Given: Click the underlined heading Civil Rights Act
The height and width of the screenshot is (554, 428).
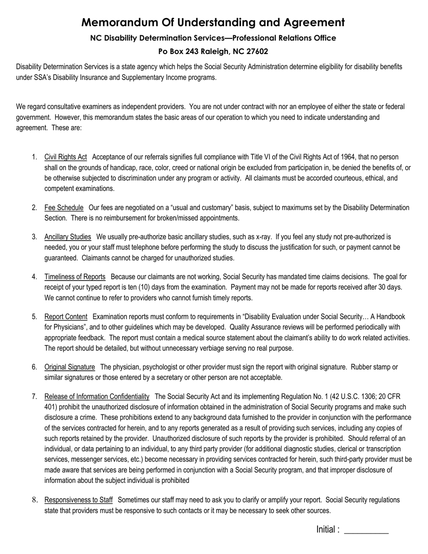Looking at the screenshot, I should [x=65, y=157].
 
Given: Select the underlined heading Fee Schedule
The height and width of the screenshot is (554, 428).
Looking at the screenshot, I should [x=64, y=208].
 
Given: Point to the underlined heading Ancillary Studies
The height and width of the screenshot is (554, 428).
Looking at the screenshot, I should [x=68, y=237].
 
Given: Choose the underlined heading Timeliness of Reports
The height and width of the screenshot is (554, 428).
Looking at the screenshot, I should [x=75, y=277].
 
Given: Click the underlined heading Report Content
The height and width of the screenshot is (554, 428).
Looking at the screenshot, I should [x=66, y=317].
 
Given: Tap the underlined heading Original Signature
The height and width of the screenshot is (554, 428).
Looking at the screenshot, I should [x=69, y=367].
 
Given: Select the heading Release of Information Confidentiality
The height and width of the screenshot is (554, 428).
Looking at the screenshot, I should [x=97, y=396].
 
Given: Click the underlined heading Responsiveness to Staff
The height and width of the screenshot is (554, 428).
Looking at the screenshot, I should [x=78, y=500].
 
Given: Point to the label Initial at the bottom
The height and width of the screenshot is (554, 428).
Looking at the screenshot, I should [x=326, y=530].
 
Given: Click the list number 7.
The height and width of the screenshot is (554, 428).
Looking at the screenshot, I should [x=35, y=396].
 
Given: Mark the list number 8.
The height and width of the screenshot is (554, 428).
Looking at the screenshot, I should [x=35, y=500].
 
